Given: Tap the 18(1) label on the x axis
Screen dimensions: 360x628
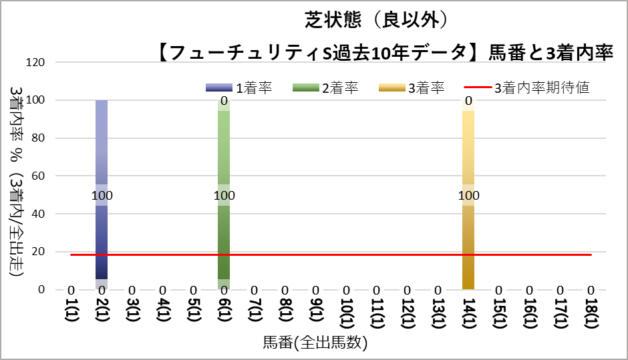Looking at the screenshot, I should point(591,312).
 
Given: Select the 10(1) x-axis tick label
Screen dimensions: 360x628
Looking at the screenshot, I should point(346,312).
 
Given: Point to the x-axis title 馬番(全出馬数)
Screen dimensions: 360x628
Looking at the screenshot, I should point(315,344).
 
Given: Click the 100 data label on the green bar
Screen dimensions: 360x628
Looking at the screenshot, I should point(224,196).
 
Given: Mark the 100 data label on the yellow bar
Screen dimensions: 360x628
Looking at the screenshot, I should point(468,196).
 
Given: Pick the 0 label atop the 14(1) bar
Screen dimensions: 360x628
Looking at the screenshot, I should point(468,102).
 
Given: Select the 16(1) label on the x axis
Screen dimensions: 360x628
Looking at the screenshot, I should point(530,312).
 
